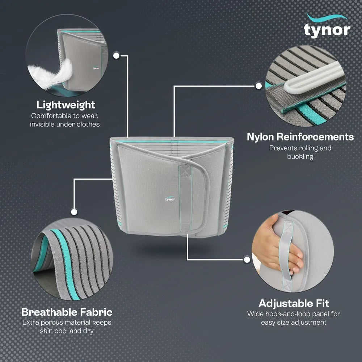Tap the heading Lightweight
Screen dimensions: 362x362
(66, 105)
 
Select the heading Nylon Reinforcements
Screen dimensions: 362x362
(300, 137)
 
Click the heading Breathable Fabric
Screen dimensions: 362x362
(67, 312)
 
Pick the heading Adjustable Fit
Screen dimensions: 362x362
(294, 303)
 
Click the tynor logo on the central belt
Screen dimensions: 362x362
(170, 198)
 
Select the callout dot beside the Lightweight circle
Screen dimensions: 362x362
(117, 55)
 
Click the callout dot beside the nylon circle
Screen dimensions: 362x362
(258, 86)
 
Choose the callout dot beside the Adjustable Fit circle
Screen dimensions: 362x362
(247, 259)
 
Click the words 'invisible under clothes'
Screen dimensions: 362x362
(66, 124)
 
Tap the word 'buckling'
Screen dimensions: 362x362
(300, 156)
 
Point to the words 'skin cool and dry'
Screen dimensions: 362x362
(67, 331)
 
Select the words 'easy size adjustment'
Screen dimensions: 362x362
(294, 322)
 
